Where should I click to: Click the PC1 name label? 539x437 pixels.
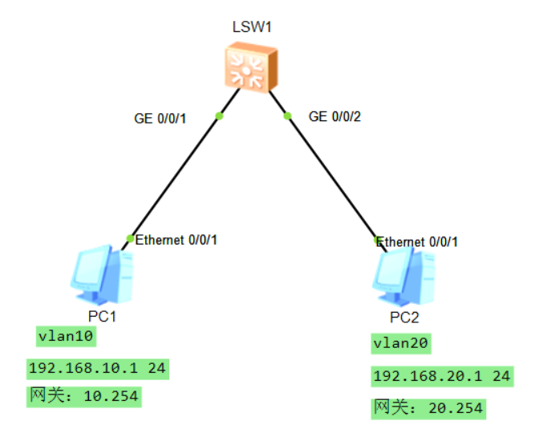[102, 316]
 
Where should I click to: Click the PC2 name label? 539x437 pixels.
[404, 317]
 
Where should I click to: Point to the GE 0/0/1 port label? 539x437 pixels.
[160, 118]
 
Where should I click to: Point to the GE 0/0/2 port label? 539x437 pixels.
[335, 117]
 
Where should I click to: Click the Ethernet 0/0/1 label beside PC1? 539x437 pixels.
[176, 240]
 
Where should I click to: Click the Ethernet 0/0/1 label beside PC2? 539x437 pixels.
[418, 242]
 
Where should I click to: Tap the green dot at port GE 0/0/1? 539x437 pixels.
[219, 116]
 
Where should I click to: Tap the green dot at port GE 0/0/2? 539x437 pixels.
[287, 116]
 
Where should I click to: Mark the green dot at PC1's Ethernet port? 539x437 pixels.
[131, 238]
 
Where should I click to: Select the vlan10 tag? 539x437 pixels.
[66, 337]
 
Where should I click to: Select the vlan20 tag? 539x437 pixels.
[402, 344]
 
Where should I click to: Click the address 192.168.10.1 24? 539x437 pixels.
[99, 369]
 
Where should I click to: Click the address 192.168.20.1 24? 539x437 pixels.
[441, 376]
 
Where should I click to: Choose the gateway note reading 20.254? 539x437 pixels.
[428, 408]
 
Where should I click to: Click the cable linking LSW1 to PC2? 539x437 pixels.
[329, 172]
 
